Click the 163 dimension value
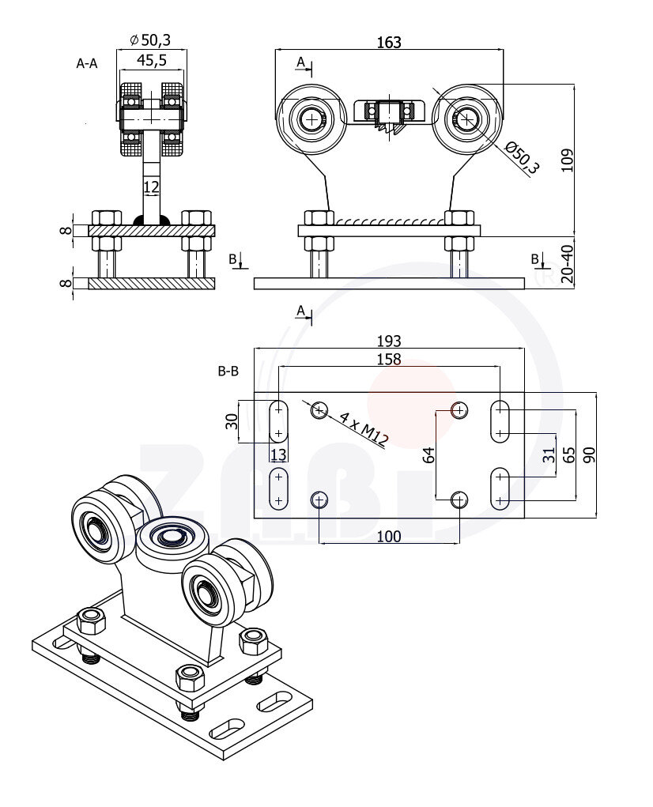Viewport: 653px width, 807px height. [388, 43]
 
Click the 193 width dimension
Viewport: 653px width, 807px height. [388, 341]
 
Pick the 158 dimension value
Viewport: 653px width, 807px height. [388, 360]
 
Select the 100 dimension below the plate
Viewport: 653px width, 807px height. [388, 537]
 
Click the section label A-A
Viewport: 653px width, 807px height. [87, 63]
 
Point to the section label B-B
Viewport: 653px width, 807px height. [228, 370]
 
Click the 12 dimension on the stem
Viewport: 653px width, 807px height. [151, 187]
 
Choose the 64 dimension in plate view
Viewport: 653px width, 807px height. [429, 454]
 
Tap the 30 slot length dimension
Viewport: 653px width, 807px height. [232, 421]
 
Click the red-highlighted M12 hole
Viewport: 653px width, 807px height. [459, 409]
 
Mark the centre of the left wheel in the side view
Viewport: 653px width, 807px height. [313, 119]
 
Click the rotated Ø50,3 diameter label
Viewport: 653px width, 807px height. [522, 156]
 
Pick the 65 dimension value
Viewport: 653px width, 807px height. [568, 454]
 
